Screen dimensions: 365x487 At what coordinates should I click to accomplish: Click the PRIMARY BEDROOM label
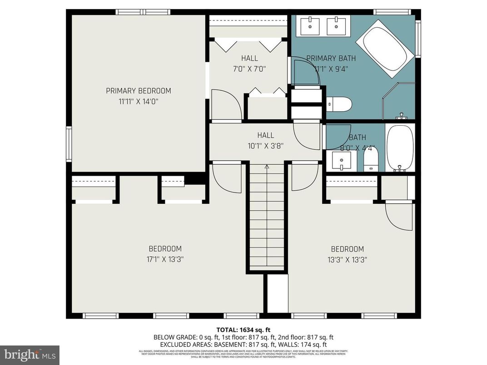139,91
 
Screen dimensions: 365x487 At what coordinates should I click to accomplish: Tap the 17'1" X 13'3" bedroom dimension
165,260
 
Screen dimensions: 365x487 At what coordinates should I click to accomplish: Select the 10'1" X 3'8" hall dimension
266,146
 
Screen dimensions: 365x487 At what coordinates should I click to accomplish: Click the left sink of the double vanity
311,25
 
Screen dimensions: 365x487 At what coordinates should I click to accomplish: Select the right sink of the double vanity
338,25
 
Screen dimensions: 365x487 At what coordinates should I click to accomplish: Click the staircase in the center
267,218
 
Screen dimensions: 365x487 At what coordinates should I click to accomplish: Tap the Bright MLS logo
30,353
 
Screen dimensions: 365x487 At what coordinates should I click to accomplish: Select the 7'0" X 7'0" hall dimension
249,69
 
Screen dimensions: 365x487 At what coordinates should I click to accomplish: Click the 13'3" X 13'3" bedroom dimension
348,260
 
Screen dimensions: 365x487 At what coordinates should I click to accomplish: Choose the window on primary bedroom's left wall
69,144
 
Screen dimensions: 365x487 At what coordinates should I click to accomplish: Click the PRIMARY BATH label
331,58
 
